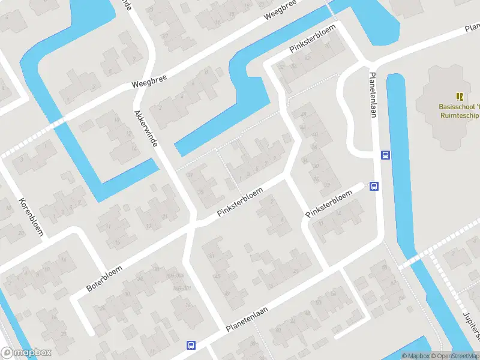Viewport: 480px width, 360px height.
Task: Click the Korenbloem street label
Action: (x=31, y=216)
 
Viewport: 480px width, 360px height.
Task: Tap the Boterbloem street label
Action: (x=104, y=279)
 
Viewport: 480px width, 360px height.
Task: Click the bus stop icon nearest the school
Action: (x=385, y=155)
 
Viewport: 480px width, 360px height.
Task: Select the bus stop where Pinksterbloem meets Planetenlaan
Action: (x=374, y=186)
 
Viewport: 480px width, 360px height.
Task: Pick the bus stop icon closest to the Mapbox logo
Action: (x=191, y=345)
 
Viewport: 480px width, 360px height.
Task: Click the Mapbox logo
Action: (x=26, y=353)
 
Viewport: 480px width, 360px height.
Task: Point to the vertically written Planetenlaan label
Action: (x=373, y=92)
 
